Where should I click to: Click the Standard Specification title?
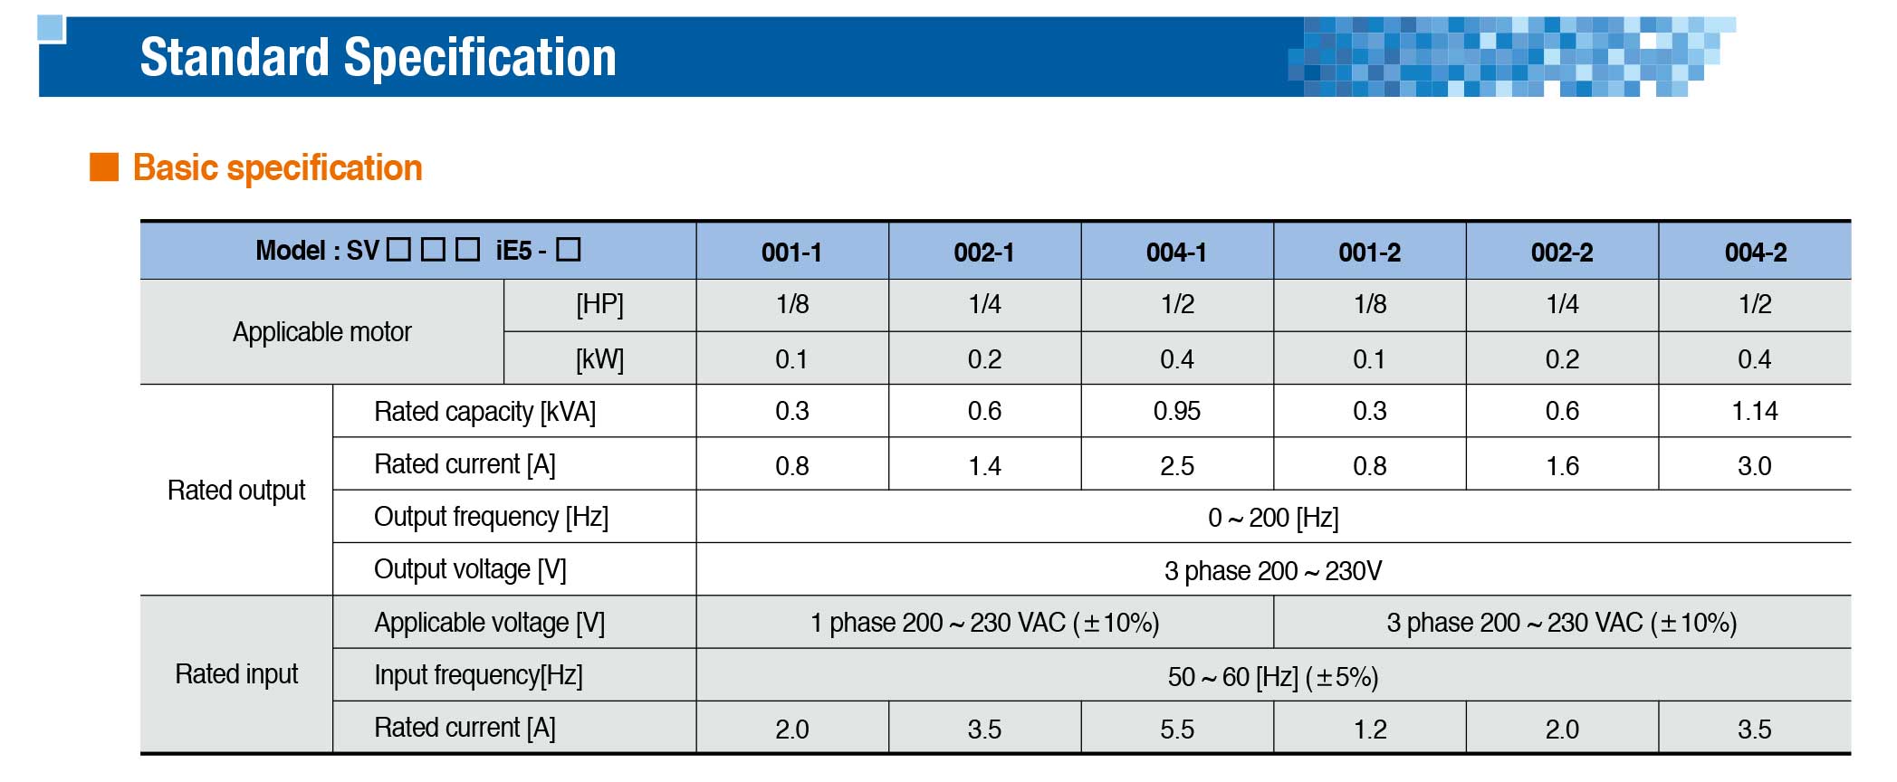[x=378, y=57]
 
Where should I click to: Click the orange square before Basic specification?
[x=104, y=167]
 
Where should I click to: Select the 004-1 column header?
[x=1176, y=253]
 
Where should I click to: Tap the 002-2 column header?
[x=1562, y=253]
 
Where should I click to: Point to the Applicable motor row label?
[x=321, y=332]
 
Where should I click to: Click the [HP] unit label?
[x=599, y=304]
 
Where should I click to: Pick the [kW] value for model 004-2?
[x=1754, y=359]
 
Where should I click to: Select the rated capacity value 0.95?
[x=1176, y=411]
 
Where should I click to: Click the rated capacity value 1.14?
[x=1754, y=411]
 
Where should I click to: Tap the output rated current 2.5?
[x=1176, y=466]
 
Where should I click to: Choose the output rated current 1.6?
[x=1562, y=466]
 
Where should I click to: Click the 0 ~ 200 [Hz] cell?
[x=1273, y=518]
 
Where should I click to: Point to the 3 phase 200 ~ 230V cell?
[x=1273, y=571]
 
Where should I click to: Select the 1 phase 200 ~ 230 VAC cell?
[x=984, y=623]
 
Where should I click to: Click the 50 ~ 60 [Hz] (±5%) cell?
[x=1273, y=677]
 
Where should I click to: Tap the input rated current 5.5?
[x=1176, y=730]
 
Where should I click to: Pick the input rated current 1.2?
[x=1369, y=730]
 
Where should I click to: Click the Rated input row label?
[x=236, y=674]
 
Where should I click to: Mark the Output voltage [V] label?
[x=470, y=569]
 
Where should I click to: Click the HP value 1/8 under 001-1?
[x=791, y=304]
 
